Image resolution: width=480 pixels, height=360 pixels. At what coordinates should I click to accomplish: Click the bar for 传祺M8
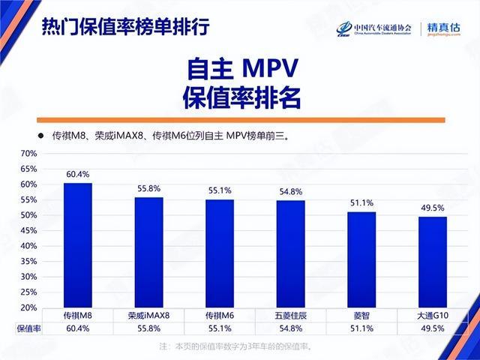coord(78,245)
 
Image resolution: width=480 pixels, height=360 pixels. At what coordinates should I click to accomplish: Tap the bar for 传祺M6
coord(220,253)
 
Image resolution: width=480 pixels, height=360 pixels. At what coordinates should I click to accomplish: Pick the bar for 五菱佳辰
coord(290,253)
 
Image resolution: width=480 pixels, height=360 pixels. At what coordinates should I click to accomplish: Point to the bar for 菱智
coord(361,259)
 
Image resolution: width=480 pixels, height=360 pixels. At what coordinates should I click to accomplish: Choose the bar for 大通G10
coord(431,262)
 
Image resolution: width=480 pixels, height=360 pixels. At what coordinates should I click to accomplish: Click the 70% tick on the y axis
coord(28,154)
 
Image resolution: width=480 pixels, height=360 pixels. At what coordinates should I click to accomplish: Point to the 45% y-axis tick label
coord(28,231)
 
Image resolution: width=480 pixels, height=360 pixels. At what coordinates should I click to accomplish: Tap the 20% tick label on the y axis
coord(28,308)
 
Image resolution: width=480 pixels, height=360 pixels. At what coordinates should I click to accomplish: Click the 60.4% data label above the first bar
coord(78,175)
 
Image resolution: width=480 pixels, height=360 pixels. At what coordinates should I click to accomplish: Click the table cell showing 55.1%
coord(220,328)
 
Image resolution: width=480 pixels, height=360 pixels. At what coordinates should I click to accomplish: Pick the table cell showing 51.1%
coord(361,328)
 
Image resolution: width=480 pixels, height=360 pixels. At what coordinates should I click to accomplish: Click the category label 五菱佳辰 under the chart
coord(290,316)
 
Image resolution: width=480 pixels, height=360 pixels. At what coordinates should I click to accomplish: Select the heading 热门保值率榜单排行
coord(124,28)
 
